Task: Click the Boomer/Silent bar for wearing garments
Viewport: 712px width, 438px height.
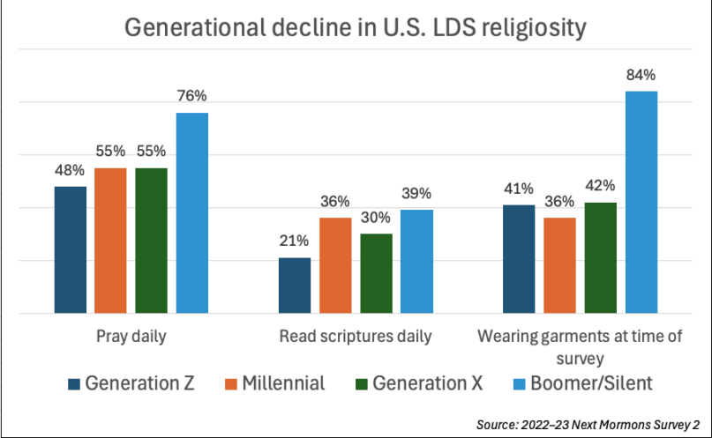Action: pos(641,202)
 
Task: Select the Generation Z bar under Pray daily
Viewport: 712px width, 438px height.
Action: pos(70,249)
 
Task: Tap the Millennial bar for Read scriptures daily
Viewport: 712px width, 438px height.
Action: pos(335,265)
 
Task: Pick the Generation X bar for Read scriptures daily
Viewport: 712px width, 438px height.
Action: pos(376,273)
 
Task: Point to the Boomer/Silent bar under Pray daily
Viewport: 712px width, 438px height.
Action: pos(192,212)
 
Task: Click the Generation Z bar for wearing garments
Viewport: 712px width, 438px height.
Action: pos(520,259)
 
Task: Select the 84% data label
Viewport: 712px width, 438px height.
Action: pos(641,77)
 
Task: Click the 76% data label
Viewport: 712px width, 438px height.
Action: pos(192,98)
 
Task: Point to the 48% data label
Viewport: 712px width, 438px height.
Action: pos(70,171)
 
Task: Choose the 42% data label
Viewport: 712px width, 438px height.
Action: pos(601,187)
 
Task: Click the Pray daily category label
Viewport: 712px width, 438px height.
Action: pos(131,337)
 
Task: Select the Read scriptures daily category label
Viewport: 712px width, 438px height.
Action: pos(356,337)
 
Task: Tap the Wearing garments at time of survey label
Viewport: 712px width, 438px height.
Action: pos(580,347)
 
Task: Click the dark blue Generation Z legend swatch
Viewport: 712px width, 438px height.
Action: pos(75,383)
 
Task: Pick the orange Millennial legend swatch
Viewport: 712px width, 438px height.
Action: pos(234,383)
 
